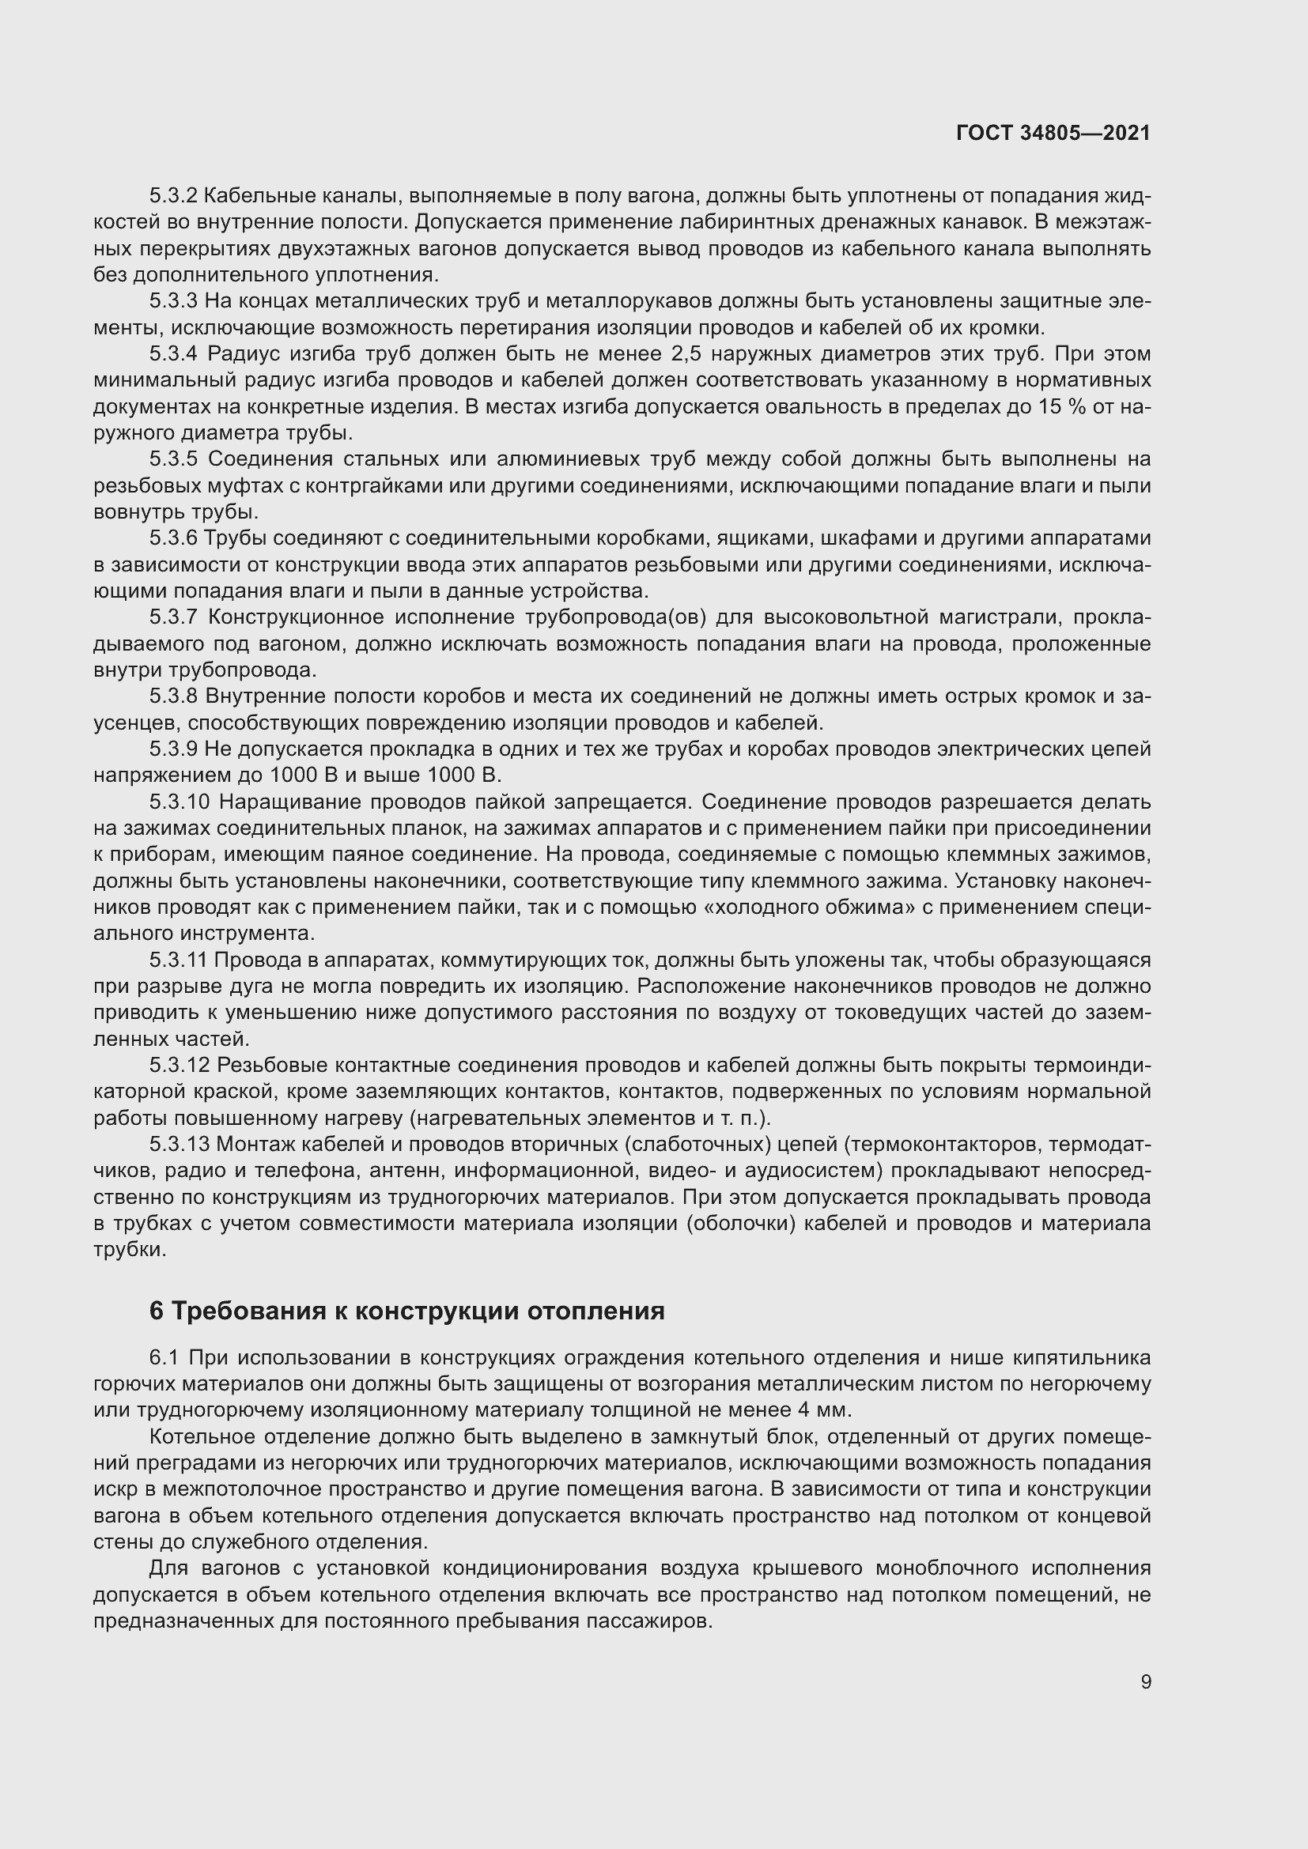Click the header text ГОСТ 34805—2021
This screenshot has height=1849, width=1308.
point(1053,133)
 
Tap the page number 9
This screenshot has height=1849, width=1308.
point(1145,1681)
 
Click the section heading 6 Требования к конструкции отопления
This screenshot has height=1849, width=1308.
point(406,1311)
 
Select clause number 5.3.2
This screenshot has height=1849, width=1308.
point(173,196)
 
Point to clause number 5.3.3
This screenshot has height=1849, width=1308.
point(173,301)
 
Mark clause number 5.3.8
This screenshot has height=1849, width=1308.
point(173,696)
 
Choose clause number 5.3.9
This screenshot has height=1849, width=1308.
point(173,749)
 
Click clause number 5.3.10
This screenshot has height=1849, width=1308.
point(179,802)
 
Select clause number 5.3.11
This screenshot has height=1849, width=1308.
point(178,960)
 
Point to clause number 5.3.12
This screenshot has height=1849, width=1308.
point(179,1066)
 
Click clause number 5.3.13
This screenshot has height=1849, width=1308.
point(179,1145)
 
